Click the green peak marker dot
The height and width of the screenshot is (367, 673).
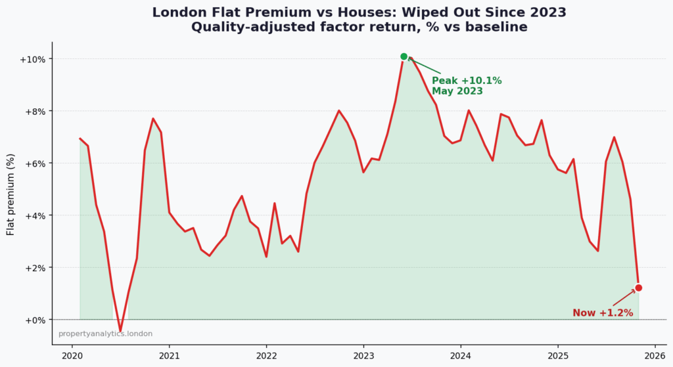(404, 56)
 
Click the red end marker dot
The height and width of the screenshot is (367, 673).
(638, 288)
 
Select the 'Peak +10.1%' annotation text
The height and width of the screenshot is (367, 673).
(466, 81)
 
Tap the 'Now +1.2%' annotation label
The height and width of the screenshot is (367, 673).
(602, 313)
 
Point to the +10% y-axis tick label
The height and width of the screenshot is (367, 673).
(33, 59)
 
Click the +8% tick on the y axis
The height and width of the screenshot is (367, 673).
(35, 111)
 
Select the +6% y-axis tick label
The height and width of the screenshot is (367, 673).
(35, 163)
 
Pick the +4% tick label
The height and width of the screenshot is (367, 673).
(35, 215)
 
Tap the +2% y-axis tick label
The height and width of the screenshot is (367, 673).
(35, 268)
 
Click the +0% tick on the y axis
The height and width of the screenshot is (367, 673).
(35, 320)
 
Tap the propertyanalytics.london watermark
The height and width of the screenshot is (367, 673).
(105, 334)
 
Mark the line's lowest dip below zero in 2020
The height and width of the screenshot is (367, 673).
(120, 330)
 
